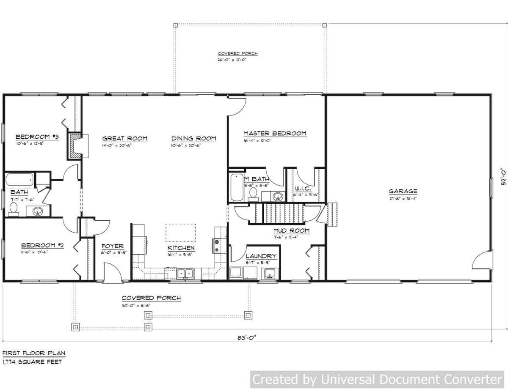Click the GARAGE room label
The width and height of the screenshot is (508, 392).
coord(403,191)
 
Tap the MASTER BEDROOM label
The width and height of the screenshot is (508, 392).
coord(274,133)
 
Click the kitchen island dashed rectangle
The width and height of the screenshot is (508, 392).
coord(181,233)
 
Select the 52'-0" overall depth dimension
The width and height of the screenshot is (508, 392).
coord(502,176)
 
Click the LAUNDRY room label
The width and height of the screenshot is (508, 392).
coord(261,256)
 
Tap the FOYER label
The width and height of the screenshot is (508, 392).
coord(112,246)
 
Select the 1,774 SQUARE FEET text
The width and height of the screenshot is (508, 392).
coord(32,362)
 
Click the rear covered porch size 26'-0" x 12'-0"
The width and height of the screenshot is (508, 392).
coord(232,60)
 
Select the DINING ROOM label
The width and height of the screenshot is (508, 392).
coord(193,138)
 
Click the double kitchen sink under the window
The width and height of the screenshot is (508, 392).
coord(185,273)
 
